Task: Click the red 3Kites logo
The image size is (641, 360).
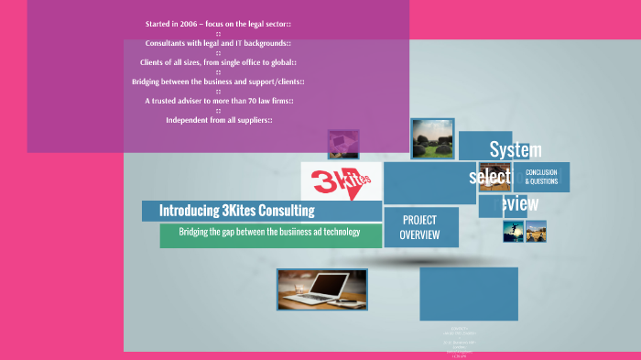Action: pos(342,180)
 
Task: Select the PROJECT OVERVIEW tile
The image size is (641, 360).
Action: pos(419,227)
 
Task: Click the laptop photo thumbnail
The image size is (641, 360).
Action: pos(321,289)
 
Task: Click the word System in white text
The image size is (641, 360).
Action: pos(516,149)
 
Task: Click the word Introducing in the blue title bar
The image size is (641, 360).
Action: pos(190,211)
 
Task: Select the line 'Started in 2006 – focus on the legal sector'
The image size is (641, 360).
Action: pos(218,23)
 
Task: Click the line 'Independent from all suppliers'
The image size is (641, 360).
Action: pos(218,120)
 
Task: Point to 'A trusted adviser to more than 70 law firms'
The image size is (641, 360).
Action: pos(218,101)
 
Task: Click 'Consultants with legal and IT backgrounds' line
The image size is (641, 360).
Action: pos(218,43)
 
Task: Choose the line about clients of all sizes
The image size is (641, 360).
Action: pos(218,62)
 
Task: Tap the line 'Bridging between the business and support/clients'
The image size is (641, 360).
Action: pos(218,82)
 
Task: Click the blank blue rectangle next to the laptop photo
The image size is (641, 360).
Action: pos(468,293)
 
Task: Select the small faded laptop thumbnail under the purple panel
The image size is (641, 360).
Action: pos(343,144)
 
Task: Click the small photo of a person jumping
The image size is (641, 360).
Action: pos(513,231)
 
